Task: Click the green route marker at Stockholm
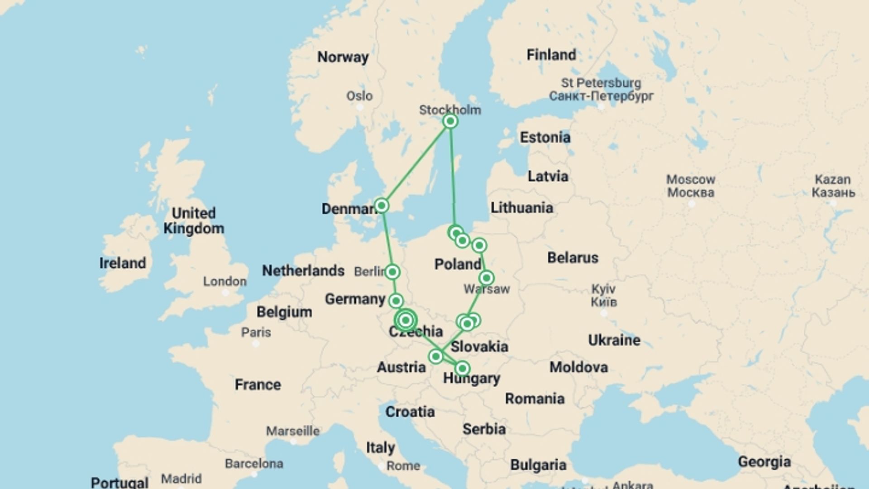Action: point(450,121)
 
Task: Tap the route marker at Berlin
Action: point(392,272)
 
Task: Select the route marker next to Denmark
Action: point(382,206)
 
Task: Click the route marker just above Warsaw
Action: point(486,278)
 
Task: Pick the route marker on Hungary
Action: point(462,368)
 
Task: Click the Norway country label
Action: point(343,57)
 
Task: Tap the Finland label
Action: point(551,55)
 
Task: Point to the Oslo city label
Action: point(359,96)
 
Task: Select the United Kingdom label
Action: point(194,221)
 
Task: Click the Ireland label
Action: point(123,263)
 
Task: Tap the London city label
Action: point(224,281)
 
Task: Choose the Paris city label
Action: point(256,332)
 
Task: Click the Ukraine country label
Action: point(614,340)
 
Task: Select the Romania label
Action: point(535,399)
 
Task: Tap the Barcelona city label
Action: point(254,464)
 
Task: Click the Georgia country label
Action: point(764,462)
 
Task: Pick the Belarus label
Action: point(573,258)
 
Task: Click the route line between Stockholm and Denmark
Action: point(415,163)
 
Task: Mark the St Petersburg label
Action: point(601,83)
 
